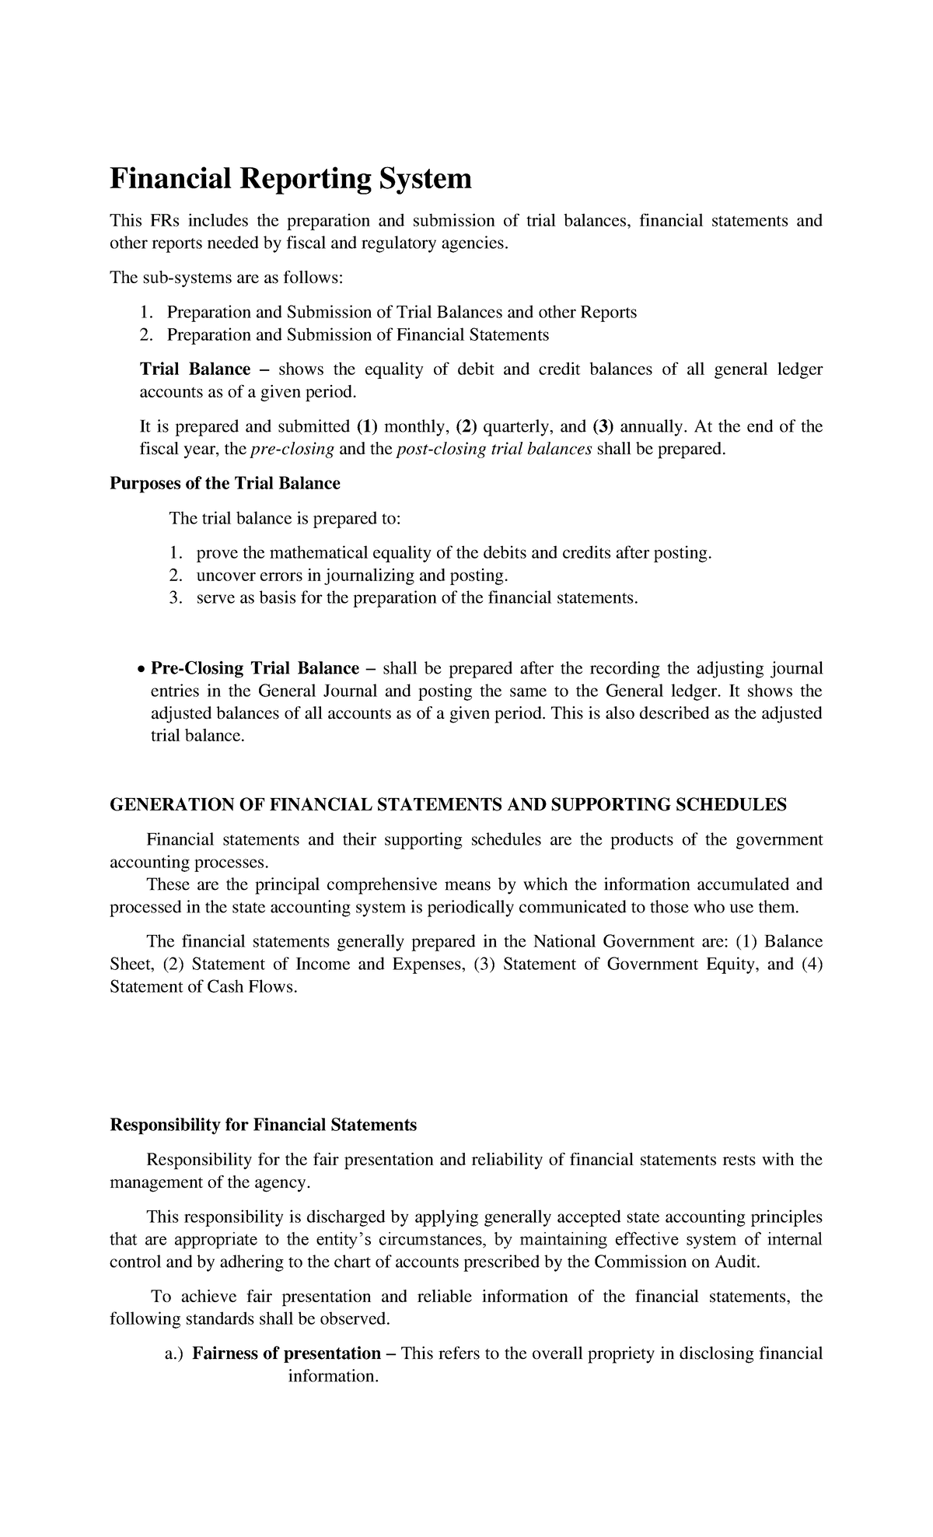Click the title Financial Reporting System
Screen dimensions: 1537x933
click(291, 180)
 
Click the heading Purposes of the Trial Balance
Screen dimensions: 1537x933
click(225, 484)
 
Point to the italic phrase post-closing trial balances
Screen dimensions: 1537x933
click(494, 450)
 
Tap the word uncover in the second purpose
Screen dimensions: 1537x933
click(222, 576)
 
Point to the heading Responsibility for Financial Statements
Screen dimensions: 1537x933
click(263, 1126)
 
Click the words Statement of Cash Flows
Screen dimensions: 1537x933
click(203, 988)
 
